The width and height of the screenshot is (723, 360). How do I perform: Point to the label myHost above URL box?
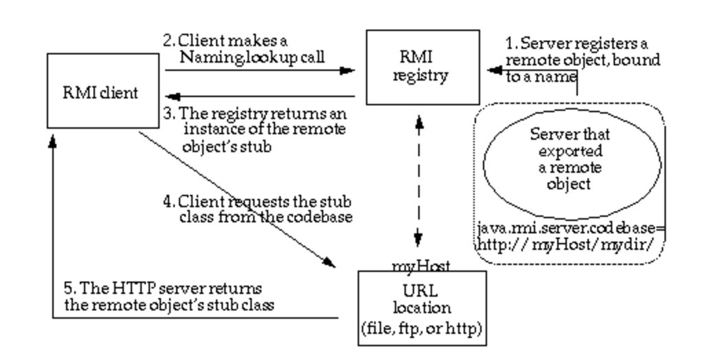point(420,264)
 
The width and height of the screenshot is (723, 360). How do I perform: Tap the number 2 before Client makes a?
point(167,40)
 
